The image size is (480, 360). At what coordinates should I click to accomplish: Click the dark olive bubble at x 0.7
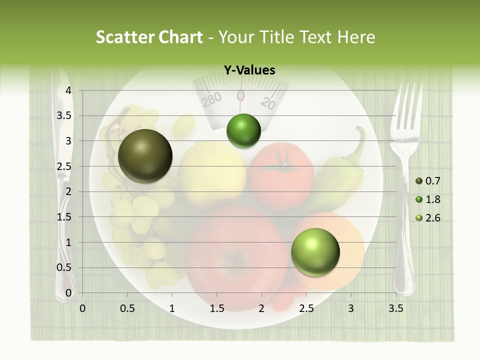pyautogui.click(x=145, y=156)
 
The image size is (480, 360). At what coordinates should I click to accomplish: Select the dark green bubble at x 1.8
pyautogui.click(x=243, y=131)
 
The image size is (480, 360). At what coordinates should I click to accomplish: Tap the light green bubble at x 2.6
pyautogui.click(x=315, y=252)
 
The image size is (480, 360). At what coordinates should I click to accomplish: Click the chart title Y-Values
pyautogui.click(x=249, y=70)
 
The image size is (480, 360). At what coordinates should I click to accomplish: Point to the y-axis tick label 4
pyautogui.click(x=68, y=90)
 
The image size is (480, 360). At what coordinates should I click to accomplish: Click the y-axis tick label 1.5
pyautogui.click(x=64, y=217)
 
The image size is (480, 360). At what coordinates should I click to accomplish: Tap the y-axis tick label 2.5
pyautogui.click(x=64, y=166)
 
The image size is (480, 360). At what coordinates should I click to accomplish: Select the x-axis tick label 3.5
pyautogui.click(x=395, y=308)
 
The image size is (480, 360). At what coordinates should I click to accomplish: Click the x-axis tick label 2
pyautogui.click(x=261, y=308)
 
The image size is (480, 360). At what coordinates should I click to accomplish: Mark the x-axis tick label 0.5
pyautogui.click(x=127, y=308)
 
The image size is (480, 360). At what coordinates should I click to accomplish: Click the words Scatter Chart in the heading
pyautogui.click(x=149, y=37)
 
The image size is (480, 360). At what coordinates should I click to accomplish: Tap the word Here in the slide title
pyautogui.click(x=356, y=37)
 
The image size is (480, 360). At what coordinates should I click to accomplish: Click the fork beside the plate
pyautogui.click(x=405, y=190)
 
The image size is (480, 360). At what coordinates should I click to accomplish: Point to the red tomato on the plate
pyautogui.click(x=281, y=170)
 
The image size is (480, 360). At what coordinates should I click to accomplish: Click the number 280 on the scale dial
pyautogui.click(x=211, y=99)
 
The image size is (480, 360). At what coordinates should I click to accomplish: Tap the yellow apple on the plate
pyautogui.click(x=212, y=172)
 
